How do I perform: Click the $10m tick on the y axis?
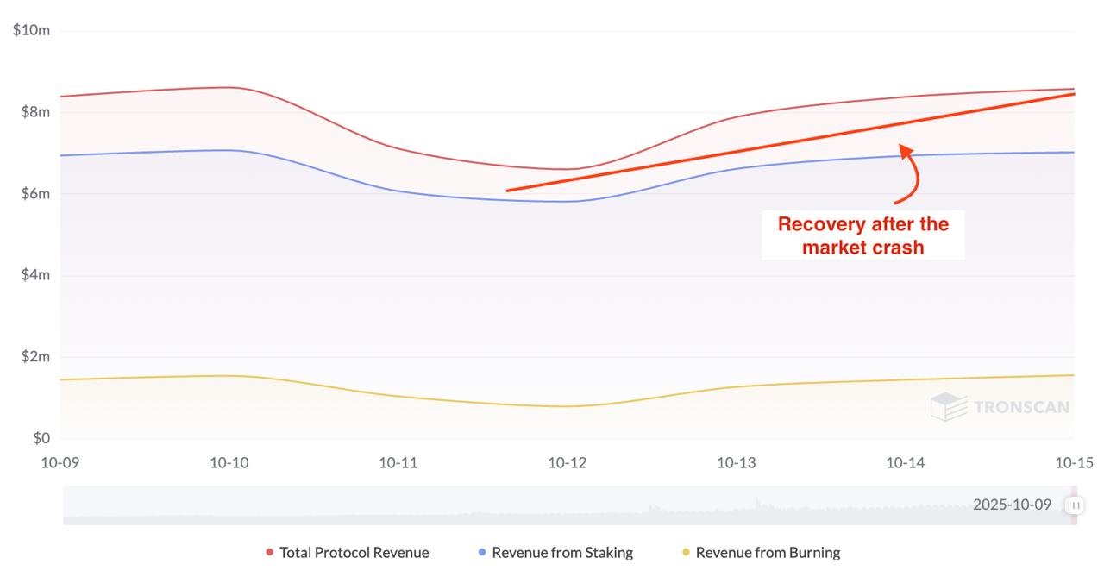coord(31,31)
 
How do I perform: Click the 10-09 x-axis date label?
coord(60,463)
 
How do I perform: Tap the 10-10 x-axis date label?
coord(229,463)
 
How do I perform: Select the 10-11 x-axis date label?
coord(398,463)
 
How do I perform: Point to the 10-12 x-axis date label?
coord(568,463)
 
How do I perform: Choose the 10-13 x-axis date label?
coord(737,463)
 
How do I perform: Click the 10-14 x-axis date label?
coord(906,463)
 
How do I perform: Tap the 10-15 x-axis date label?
coord(1074,463)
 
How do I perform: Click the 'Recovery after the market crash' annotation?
coord(862,235)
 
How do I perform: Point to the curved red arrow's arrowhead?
coord(906,151)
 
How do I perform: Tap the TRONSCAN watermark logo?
coord(1000,407)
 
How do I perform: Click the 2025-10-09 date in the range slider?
coord(1012,505)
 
